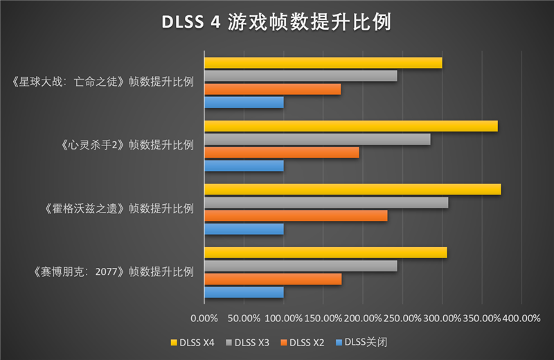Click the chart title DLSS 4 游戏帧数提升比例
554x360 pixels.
click(x=277, y=22)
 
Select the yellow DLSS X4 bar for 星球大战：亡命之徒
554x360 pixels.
click(x=323, y=63)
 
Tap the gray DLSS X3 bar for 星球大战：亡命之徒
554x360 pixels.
click(x=300, y=76)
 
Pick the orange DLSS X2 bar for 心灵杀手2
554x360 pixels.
click(x=281, y=152)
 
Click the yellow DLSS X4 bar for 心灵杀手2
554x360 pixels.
click(x=350, y=126)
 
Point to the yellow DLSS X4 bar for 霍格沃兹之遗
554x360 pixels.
click(x=352, y=190)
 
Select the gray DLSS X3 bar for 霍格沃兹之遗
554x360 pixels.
click(x=325, y=203)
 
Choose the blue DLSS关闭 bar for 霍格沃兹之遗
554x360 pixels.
click(x=244, y=228)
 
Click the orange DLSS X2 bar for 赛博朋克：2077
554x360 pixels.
click(x=273, y=279)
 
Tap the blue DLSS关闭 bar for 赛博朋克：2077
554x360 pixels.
click(x=244, y=292)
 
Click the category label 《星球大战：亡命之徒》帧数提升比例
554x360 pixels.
click(x=102, y=82)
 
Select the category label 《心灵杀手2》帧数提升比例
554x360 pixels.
click(x=125, y=145)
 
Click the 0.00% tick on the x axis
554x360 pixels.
click(x=204, y=318)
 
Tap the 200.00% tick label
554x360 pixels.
click(x=362, y=318)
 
